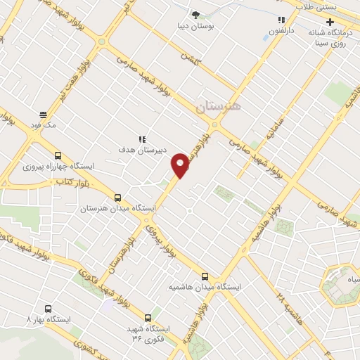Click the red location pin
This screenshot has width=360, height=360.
click(181, 164)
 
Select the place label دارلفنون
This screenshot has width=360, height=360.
click(281, 31)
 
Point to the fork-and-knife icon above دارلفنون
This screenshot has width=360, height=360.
click(281, 20)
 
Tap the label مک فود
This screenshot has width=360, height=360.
click(43, 125)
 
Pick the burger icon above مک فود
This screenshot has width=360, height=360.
click(43, 115)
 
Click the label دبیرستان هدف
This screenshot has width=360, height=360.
click(141, 149)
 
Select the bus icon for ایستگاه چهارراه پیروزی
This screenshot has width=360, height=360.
click(58, 156)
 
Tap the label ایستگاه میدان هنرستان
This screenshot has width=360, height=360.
click(107, 209)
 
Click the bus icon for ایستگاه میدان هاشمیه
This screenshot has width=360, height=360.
click(205, 276)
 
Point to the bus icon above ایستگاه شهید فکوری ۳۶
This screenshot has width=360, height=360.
click(148, 318)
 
